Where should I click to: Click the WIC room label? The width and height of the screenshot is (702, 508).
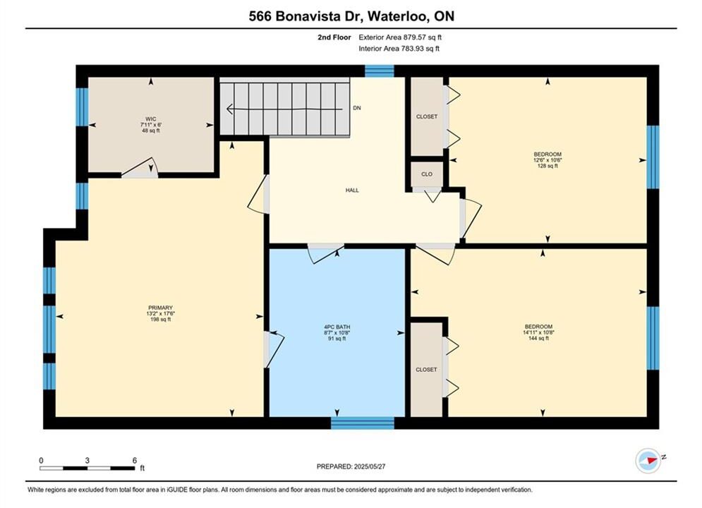(151, 119)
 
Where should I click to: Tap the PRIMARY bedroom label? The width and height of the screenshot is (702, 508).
(160, 308)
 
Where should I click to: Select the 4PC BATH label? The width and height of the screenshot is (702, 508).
(337, 327)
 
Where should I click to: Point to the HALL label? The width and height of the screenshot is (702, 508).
(352, 190)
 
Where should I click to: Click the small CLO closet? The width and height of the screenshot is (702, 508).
(427, 174)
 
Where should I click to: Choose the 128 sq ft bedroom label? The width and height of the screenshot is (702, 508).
(547, 155)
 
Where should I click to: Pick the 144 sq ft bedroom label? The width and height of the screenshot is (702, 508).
(538, 327)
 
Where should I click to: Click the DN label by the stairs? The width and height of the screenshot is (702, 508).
(357, 108)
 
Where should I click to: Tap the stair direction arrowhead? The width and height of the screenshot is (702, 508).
(230, 109)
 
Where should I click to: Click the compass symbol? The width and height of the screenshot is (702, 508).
(648, 460)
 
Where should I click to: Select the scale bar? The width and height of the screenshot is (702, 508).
(87, 468)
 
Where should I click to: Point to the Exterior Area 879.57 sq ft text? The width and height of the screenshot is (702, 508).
(400, 37)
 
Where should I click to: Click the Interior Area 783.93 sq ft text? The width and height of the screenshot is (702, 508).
(399, 49)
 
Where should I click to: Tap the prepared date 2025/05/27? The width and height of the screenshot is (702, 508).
(370, 466)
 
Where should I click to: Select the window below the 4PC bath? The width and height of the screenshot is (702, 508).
(363, 423)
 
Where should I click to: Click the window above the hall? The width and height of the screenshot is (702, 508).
(379, 71)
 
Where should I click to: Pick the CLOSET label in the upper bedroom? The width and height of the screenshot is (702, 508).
(427, 117)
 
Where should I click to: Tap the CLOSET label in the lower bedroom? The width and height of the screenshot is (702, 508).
(426, 370)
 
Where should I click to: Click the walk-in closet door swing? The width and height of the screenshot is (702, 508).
(140, 168)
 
